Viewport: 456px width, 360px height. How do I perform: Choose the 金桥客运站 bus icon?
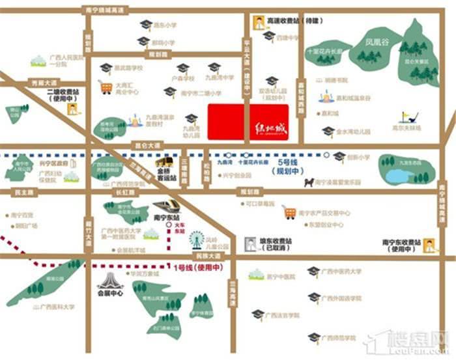click(165, 162)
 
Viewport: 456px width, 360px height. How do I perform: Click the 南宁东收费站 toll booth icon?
click(429, 245)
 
